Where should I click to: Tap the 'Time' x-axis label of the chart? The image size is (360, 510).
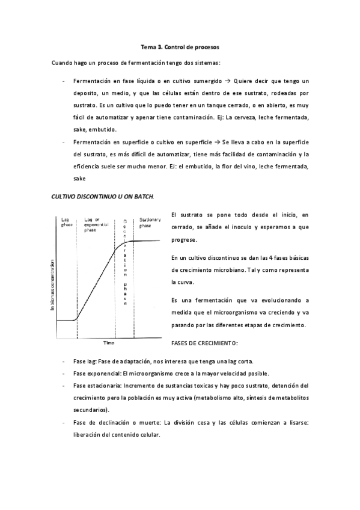click(108, 343)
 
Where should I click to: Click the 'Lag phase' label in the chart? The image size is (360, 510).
click(67, 223)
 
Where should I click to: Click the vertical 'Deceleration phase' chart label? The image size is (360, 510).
click(126, 259)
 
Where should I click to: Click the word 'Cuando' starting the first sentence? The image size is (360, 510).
click(62, 63)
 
